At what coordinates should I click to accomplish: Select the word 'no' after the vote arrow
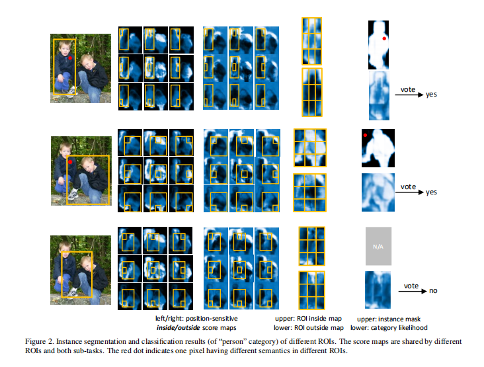(432, 290)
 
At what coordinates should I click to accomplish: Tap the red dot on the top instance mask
(384, 39)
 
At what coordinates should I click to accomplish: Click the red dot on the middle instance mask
(364, 137)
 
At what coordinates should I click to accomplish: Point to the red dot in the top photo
(69, 59)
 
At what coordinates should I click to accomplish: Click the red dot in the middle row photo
(69, 161)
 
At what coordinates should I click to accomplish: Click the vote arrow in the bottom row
(407, 289)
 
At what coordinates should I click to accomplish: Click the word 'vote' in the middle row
(407, 187)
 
